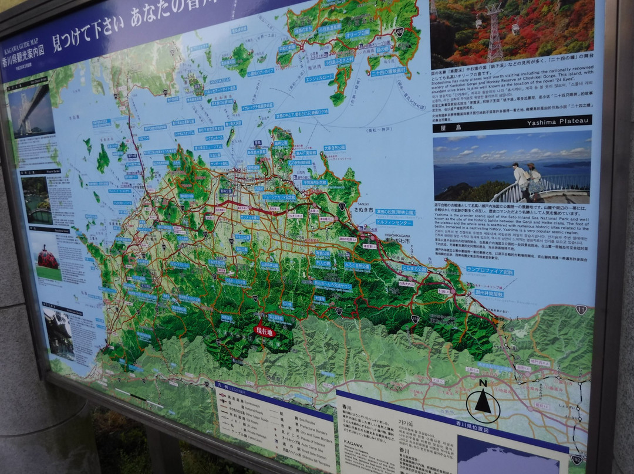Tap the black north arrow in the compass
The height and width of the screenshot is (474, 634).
click(483, 402)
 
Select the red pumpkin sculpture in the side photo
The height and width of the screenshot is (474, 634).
click(48, 257)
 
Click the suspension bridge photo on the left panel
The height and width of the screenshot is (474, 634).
click(31, 109)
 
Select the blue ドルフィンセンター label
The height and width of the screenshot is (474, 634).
click(393, 223)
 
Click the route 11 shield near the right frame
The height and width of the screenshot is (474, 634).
click(581, 310)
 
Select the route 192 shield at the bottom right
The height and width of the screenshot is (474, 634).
click(576, 459)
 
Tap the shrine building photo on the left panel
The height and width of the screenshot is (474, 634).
click(59, 334)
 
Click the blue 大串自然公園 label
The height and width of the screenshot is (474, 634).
click(335, 148)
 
